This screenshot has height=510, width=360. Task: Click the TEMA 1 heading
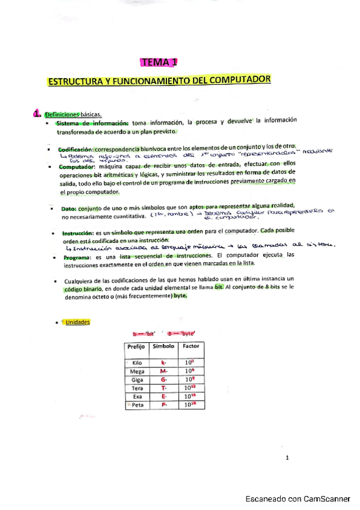tap(159, 62)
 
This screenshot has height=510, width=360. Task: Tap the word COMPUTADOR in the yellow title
tap(240, 80)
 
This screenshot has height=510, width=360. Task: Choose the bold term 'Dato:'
tap(69, 207)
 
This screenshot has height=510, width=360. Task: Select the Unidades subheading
tap(79, 322)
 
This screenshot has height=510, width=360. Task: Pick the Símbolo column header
tap(163, 347)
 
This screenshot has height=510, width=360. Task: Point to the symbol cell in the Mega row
tap(163, 372)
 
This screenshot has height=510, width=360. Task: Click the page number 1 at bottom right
tap(288, 458)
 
